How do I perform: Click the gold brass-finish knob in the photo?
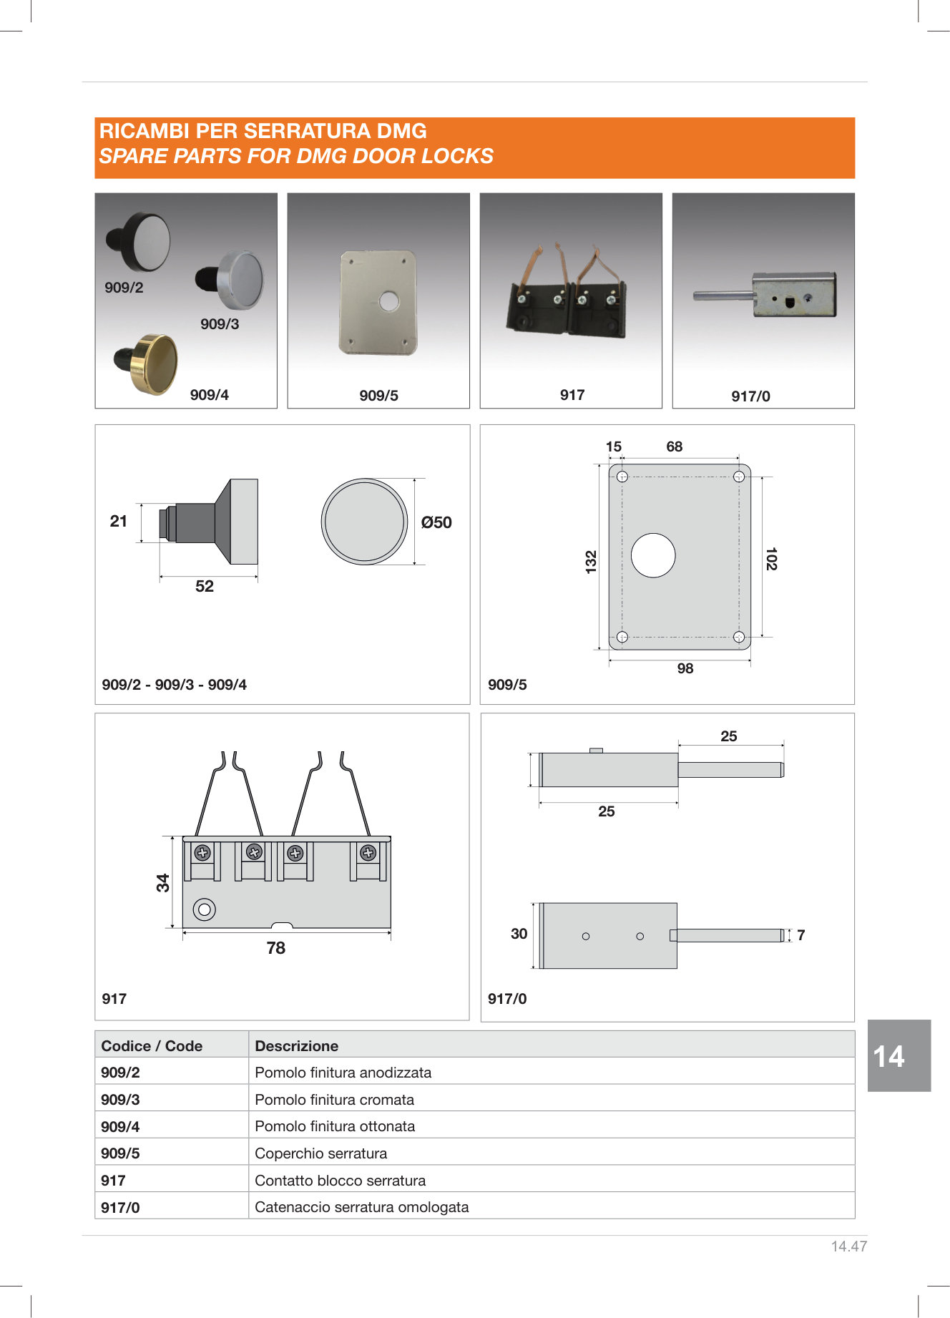tap(154, 363)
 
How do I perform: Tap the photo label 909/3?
tap(220, 324)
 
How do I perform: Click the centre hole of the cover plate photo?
tap(389, 301)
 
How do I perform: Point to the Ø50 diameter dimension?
tap(436, 522)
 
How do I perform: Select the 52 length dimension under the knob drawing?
tap(205, 586)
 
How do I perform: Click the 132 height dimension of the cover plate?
tap(591, 562)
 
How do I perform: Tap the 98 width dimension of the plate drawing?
tap(685, 668)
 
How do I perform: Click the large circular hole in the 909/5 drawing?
tap(653, 555)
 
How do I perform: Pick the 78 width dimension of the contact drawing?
tap(275, 948)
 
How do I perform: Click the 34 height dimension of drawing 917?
tap(163, 883)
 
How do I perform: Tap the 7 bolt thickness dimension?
tap(801, 935)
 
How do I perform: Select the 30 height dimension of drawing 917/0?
tap(519, 934)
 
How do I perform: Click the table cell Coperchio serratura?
tap(320, 1153)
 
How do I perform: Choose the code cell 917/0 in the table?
tap(120, 1208)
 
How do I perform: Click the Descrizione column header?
tap(296, 1046)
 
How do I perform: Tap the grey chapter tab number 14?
tap(889, 1057)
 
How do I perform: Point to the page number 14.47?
tap(848, 1246)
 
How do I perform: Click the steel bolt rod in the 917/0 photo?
tap(721, 295)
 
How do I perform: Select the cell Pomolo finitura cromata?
tap(334, 1100)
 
